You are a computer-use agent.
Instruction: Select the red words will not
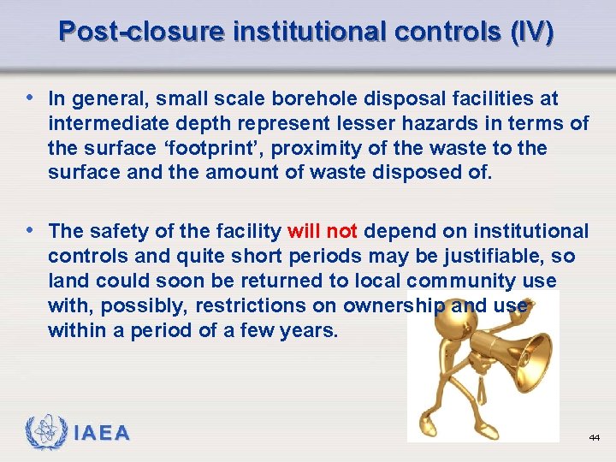(323, 231)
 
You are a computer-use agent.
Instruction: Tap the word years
(307, 329)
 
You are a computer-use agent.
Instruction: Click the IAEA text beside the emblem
(100, 433)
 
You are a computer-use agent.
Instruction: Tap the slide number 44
(594, 437)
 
